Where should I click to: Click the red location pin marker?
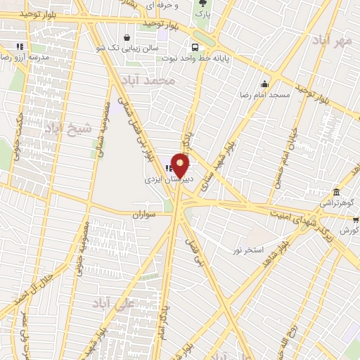click(180, 165)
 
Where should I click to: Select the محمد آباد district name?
click(156, 82)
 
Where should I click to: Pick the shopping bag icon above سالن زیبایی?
click(126, 38)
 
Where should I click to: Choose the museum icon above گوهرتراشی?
click(337, 192)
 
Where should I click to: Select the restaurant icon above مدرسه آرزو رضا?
click(20, 47)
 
